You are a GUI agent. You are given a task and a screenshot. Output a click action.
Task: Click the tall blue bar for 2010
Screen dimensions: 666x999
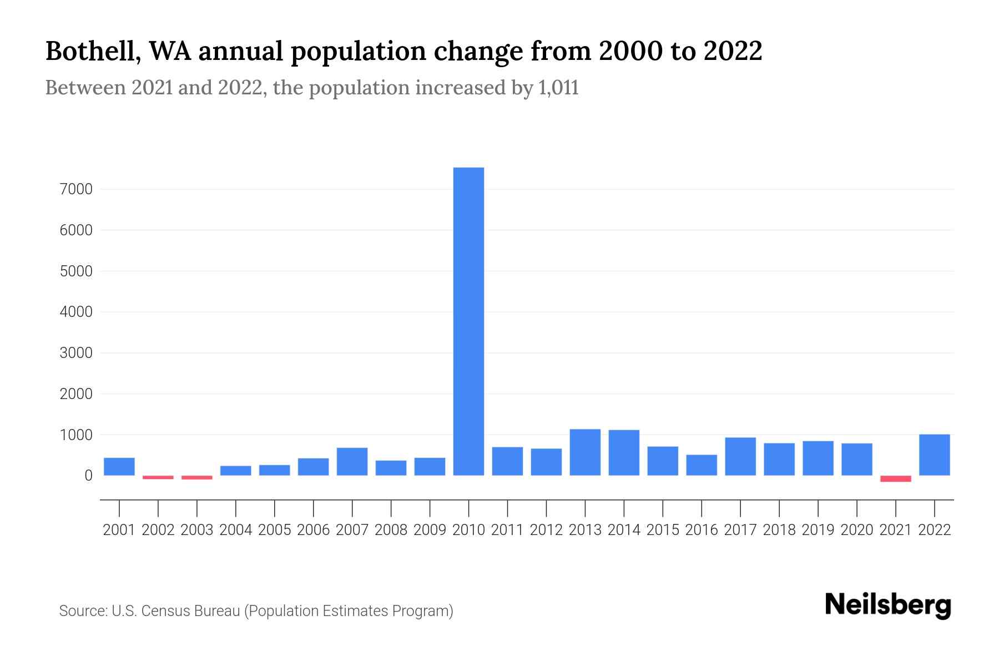pos(468,322)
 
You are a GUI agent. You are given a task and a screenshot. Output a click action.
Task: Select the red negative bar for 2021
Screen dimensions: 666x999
pos(896,478)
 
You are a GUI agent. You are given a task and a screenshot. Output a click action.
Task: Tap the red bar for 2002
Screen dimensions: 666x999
pos(158,477)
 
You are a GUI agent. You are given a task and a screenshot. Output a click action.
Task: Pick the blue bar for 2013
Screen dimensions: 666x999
pos(585,452)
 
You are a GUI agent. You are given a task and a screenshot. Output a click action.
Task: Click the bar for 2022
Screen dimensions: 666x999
pos(935,455)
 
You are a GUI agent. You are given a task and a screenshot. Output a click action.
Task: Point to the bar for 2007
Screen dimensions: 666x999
pos(352,462)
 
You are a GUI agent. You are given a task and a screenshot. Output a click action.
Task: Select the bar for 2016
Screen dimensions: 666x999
pos(702,465)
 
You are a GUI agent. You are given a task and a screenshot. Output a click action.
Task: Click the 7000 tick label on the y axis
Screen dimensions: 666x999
pos(75,189)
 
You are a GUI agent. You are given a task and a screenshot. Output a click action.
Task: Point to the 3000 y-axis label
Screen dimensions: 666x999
pos(75,353)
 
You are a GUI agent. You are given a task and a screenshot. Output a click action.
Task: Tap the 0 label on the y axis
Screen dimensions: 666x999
pos(88,476)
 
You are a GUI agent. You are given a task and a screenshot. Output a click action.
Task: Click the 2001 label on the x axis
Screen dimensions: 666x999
pos(119,530)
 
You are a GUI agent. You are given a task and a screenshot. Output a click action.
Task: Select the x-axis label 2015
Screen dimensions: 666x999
pos(663,530)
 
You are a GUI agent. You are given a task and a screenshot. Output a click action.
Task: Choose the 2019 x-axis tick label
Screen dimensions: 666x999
pos(818,530)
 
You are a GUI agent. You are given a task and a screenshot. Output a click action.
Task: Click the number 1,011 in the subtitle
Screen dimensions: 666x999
pos(558,88)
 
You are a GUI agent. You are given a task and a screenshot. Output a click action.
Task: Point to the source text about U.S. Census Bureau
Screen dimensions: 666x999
pos(256,611)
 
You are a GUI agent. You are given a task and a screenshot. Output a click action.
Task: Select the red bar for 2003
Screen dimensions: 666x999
pos(197,477)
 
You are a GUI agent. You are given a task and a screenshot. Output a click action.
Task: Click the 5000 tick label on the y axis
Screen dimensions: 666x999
pos(75,271)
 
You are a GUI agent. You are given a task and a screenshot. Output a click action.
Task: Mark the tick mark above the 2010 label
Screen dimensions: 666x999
pos(468,508)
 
